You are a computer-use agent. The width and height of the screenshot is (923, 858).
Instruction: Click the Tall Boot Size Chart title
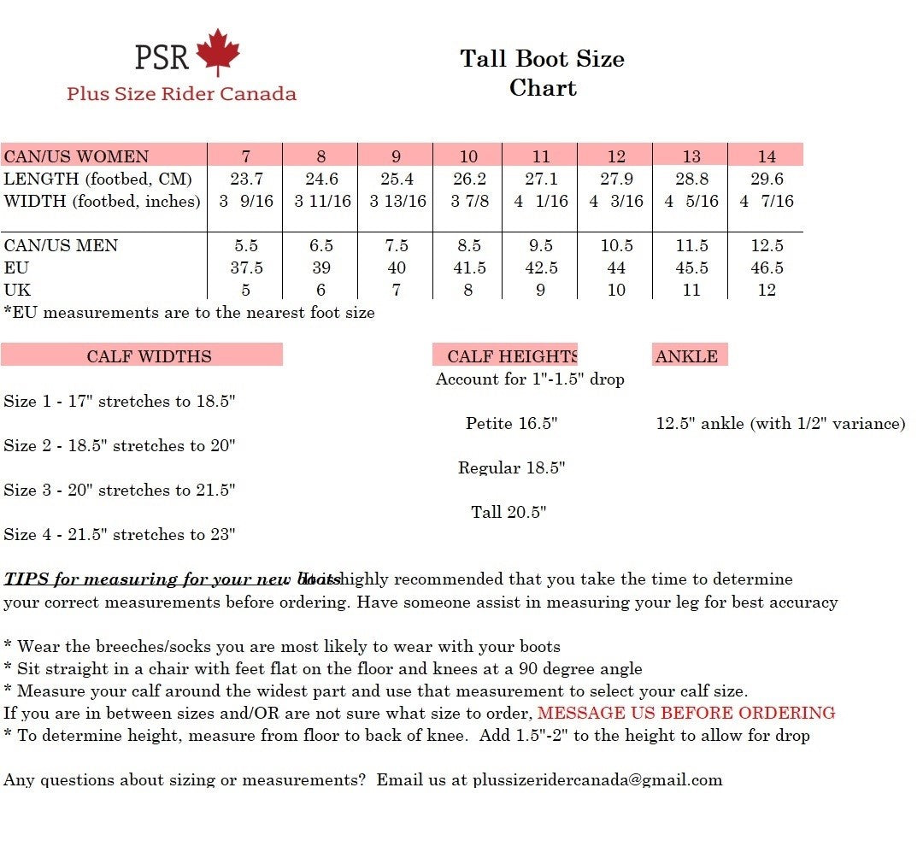(x=542, y=73)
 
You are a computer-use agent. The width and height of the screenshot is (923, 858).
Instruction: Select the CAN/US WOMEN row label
(x=76, y=156)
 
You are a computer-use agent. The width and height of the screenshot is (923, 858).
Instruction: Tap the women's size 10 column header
(x=468, y=156)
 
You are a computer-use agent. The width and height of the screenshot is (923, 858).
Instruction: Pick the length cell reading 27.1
(x=541, y=179)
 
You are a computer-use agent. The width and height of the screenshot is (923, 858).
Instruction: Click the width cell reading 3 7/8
(x=470, y=201)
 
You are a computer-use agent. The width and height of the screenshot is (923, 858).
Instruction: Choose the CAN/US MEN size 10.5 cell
(x=616, y=245)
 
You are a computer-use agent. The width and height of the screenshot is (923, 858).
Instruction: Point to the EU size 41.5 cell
(x=469, y=267)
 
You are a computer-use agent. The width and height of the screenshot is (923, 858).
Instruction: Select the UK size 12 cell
(x=767, y=290)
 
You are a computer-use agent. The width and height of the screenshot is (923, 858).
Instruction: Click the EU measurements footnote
(x=190, y=312)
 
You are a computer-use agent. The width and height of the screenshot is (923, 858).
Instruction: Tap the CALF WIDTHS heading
(x=149, y=356)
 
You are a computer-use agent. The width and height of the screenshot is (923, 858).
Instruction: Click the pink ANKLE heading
(x=687, y=356)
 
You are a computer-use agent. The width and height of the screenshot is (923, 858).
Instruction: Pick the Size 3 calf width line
(x=120, y=490)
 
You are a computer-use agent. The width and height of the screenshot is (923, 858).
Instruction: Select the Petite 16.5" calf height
(x=511, y=423)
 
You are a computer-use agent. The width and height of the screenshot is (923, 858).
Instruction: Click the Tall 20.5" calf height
(x=509, y=512)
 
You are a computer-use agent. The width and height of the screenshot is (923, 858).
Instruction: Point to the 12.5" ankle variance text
(x=780, y=423)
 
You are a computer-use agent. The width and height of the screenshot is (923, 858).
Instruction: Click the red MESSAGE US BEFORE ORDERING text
(x=686, y=713)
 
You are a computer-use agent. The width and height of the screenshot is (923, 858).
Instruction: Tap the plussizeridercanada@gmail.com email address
(x=597, y=779)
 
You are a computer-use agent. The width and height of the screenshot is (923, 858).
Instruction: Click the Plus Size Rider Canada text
(x=181, y=93)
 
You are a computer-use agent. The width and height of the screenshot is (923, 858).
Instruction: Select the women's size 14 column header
(x=767, y=156)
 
